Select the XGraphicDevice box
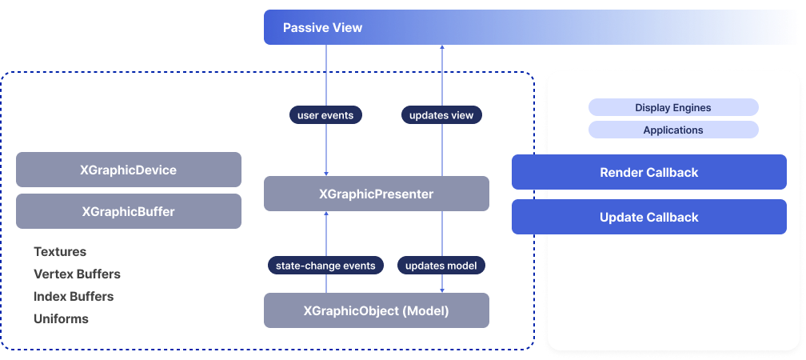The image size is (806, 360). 129,170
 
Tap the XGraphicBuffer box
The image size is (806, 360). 129,211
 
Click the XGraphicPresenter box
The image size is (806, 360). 377,194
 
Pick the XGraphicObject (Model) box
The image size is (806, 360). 377,310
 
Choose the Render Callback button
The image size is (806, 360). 648,172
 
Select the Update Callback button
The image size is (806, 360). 648,217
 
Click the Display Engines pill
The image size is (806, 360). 673,107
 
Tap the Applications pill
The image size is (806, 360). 673,130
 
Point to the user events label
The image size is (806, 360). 325,115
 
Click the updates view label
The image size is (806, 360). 441,115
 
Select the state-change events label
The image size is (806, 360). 325,265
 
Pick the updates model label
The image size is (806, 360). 441,265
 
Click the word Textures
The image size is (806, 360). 60,251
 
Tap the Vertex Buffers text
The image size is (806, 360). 77,274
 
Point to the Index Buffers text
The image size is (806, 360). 74,296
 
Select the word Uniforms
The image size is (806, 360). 61,318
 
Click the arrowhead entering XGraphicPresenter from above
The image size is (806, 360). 326,173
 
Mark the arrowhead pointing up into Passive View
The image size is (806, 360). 442,48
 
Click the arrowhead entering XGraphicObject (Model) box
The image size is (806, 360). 442,290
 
